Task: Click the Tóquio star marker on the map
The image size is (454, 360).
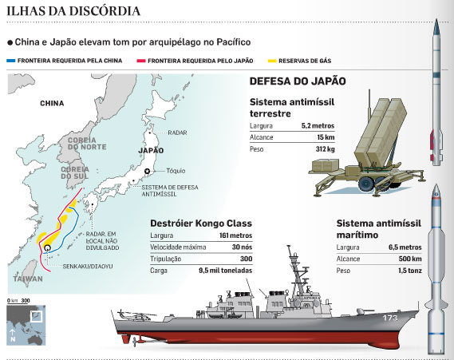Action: tap(147, 171)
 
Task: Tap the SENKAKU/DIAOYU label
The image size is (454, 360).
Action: tap(88, 266)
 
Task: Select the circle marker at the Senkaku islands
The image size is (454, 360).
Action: tap(47, 248)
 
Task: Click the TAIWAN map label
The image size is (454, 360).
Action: tap(28, 279)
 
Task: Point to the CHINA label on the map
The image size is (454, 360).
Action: tap(52, 104)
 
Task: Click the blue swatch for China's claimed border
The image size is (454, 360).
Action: tap(10, 61)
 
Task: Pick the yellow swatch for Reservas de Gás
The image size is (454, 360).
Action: tap(272, 61)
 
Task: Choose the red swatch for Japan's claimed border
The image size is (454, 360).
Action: tap(141, 61)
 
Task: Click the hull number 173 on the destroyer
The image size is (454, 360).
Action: tap(390, 318)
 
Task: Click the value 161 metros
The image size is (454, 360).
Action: tap(235, 235)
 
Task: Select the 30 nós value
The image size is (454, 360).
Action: tap(242, 247)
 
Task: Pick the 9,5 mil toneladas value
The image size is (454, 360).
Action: tap(225, 271)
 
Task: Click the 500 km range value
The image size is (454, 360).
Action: tap(410, 259)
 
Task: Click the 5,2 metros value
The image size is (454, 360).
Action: tap(318, 125)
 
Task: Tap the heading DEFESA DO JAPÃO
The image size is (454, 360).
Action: tap(298, 81)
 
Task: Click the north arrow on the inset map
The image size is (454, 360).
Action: tap(12, 333)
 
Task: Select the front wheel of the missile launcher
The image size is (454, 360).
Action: tap(365, 183)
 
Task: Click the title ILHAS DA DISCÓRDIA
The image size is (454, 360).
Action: tap(73, 11)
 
